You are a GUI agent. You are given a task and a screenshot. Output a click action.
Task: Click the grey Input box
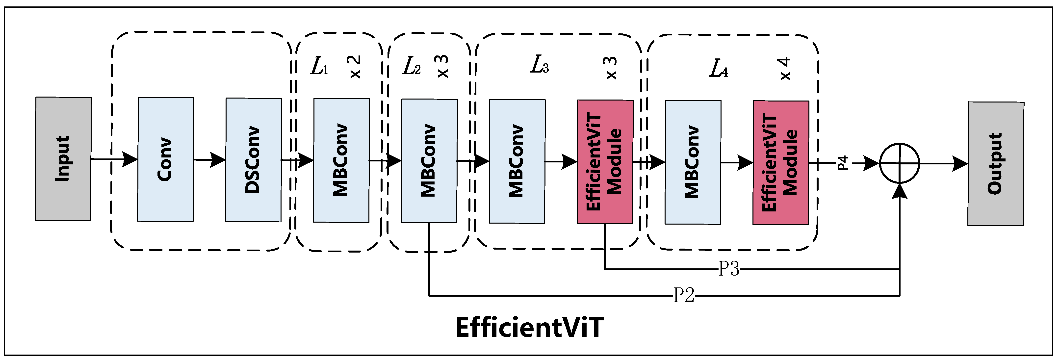[x=63, y=159]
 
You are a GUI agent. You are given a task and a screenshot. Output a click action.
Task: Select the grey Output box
[x=996, y=164]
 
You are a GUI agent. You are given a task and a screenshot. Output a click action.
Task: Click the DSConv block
[x=253, y=160]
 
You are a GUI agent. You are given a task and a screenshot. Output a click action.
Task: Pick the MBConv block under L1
[x=341, y=160]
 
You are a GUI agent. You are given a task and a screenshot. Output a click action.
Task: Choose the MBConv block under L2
[x=429, y=161]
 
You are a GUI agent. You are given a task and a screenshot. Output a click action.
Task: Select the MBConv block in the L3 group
[x=517, y=161]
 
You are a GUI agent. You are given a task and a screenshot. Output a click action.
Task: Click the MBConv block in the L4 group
[x=693, y=162]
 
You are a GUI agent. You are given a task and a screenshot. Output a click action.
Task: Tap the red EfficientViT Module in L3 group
[x=605, y=162]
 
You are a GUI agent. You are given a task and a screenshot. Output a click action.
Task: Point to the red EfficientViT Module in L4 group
[x=781, y=162]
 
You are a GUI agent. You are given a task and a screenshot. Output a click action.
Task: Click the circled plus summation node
[x=900, y=163]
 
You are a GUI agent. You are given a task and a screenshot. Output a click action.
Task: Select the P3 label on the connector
[x=729, y=269]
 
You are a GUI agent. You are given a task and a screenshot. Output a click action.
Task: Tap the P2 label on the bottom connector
[x=683, y=295]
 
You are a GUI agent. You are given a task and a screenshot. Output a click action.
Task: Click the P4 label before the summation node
[x=843, y=163]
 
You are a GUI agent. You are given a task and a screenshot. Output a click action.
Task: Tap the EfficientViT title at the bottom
[x=530, y=328]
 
